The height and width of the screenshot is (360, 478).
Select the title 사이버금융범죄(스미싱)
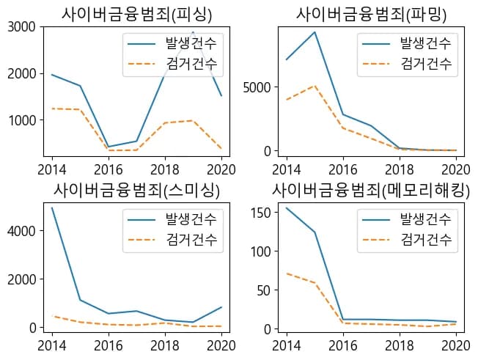click(137, 189)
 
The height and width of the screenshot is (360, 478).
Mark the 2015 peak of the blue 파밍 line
click(315, 32)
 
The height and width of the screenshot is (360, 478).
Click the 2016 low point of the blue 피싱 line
click(108, 147)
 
